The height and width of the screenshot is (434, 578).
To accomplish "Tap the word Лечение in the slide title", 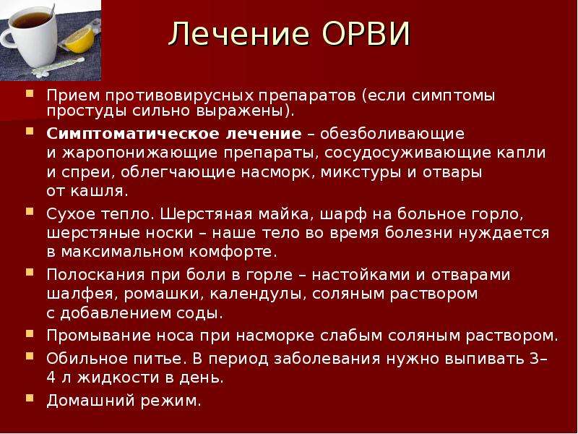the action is coord(239,34).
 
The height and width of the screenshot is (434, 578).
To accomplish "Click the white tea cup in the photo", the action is coord(30,37).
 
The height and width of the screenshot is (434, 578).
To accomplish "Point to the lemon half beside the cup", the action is coord(79,40).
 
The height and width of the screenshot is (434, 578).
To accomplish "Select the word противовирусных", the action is coord(179,95).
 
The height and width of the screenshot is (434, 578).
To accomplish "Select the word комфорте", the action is coord(233,252).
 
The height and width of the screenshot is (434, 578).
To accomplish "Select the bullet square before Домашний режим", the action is coord(30,399).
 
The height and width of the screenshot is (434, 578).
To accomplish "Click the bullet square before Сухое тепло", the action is coord(30,211).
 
